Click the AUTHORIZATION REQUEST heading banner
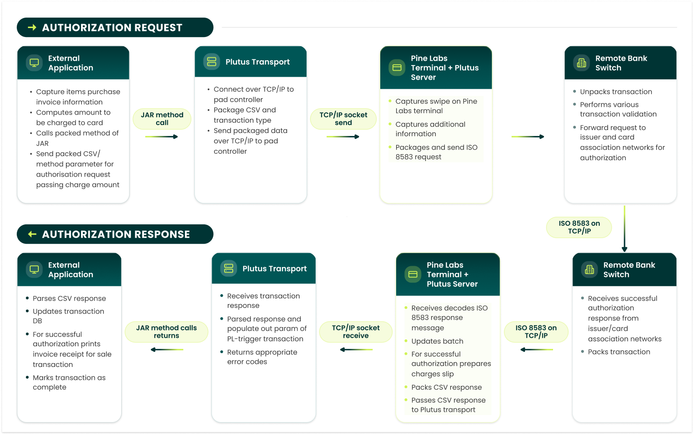click(115, 28)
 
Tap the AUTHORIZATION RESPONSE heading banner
click(115, 234)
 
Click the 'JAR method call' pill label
click(162, 119)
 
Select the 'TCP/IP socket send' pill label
click(343, 119)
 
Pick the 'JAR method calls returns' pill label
click(166, 332)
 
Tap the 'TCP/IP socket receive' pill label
click(356, 332)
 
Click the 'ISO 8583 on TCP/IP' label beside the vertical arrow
click(579, 227)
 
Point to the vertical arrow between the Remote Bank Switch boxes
click(624, 228)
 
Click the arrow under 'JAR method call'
click(162, 137)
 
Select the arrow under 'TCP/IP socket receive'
click(356, 350)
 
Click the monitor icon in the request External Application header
click(34, 63)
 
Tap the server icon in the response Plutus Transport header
click(228, 268)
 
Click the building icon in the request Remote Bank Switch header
click(581, 63)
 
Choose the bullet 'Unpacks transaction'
click(616, 92)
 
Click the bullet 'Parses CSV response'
click(69, 298)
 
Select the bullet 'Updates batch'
click(437, 341)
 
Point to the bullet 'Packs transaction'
click(619, 352)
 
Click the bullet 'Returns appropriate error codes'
click(262, 357)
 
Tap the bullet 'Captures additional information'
click(430, 129)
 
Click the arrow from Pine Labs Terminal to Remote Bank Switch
click(528, 137)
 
